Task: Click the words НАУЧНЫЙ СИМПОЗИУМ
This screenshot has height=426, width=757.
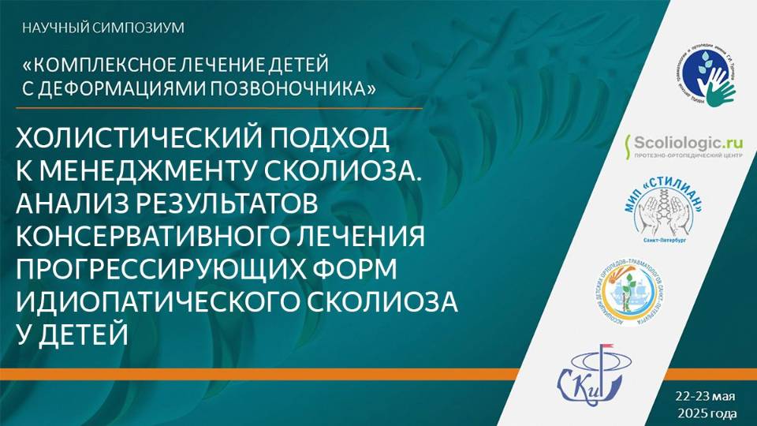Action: (x=103, y=28)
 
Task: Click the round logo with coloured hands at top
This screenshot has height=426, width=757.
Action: (x=706, y=74)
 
